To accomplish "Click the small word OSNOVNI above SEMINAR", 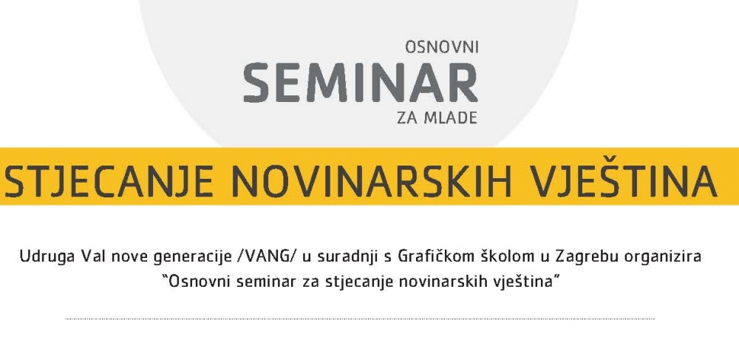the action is click(x=442, y=47).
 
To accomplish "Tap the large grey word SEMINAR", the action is click(x=361, y=82).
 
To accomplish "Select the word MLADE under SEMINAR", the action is click(x=450, y=118).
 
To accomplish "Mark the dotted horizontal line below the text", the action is click(x=360, y=319).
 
